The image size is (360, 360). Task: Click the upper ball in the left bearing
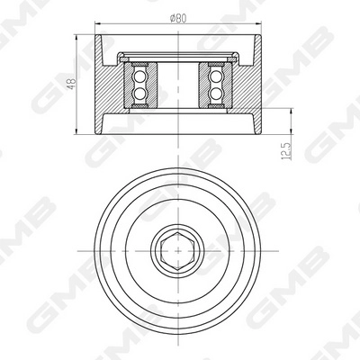click(x=141, y=76)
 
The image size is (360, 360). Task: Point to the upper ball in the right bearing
click(x=217, y=76)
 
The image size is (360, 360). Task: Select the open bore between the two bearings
click(x=179, y=85)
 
